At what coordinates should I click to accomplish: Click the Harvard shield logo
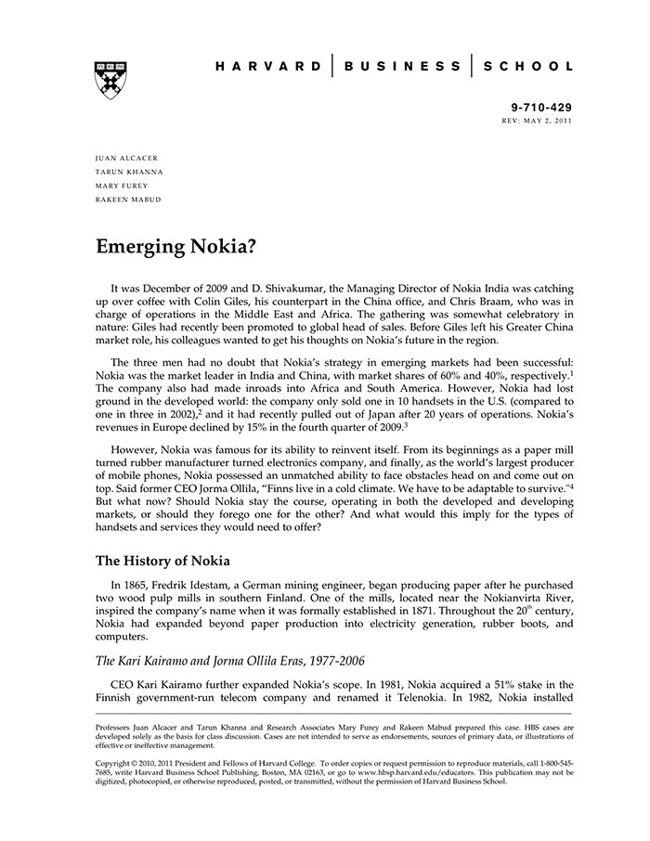(x=110, y=81)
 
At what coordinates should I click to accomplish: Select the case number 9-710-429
(x=542, y=108)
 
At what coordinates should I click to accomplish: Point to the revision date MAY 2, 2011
(x=548, y=121)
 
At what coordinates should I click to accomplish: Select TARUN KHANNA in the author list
(x=129, y=173)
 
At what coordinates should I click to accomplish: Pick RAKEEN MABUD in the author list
(x=128, y=200)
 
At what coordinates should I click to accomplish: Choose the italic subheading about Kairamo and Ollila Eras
(x=230, y=660)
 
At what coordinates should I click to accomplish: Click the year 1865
(x=141, y=586)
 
